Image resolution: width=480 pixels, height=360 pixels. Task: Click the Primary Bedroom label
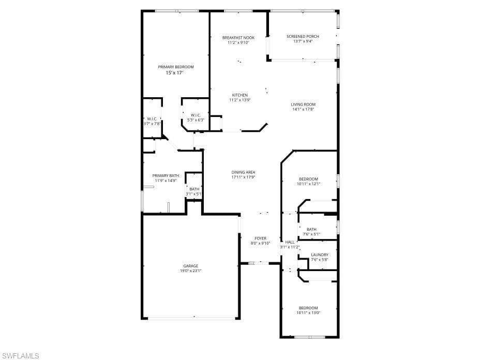[x=176, y=67]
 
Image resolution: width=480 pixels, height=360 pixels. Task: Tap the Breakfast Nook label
[x=238, y=38]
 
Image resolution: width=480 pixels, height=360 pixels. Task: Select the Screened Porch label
[x=303, y=36]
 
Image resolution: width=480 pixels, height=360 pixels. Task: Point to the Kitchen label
[x=240, y=95]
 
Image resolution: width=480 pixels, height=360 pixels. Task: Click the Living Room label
[x=303, y=104]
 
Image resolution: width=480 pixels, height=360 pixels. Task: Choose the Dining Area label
[x=243, y=172]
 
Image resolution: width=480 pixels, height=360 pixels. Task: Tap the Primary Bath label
[x=166, y=176]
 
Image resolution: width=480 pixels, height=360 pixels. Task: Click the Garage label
[x=191, y=266]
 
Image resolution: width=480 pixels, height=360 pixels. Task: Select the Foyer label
[x=261, y=238]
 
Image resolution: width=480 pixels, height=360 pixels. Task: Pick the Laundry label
[x=320, y=255]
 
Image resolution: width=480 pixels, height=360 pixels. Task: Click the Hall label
[x=290, y=242]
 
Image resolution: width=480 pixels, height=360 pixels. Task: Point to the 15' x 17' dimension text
[x=175, y=73]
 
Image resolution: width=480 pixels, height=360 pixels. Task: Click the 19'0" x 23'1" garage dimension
[x=191, y=271]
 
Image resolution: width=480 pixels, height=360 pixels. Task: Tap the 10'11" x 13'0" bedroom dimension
[x=309, y=312]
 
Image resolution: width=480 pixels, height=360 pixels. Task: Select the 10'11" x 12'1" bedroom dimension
[x=309, y=184]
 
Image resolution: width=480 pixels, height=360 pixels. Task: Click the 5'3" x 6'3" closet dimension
[x=196, y=120]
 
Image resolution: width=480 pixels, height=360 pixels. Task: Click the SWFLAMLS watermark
[x=20, y=355]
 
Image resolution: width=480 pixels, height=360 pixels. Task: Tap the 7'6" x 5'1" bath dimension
[x=311, y=234]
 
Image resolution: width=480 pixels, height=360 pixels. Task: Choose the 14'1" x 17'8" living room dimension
[x=303, y=109]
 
